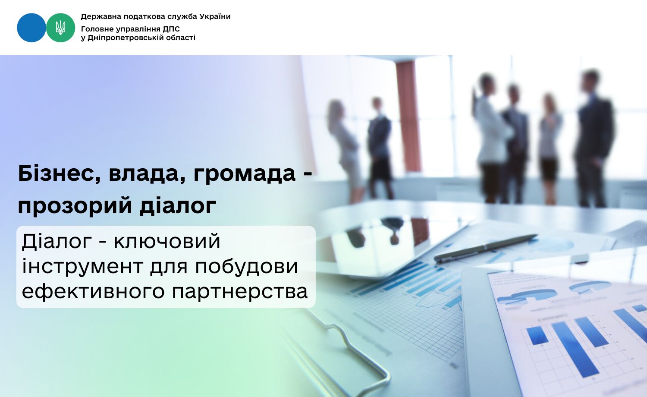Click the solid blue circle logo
[x=31, y=28]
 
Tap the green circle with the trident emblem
[x=61, y=28]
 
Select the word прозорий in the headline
[x=75, y=206]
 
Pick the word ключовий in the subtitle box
[x=167, y=241]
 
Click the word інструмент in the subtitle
[x=82, y=266]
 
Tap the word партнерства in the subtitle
[x=240, y=291]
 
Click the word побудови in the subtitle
[x=246, y=266]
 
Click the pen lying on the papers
[x=485, y=248]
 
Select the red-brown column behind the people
[x=408, y=116]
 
